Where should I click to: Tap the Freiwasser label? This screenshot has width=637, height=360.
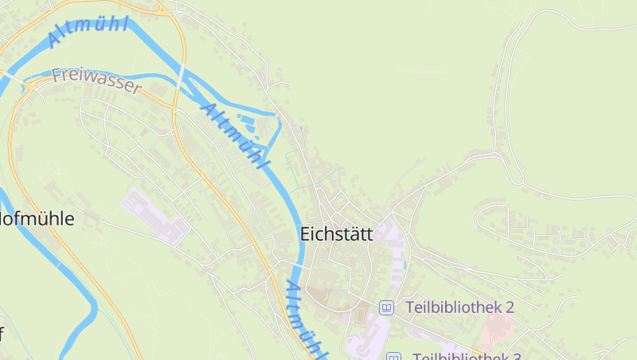pos(96,81)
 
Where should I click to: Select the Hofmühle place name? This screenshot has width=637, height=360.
pos(37,219)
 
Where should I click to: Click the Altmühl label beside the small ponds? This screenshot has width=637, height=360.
pos(234,135)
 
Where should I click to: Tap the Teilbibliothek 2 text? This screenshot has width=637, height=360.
pos(459,307)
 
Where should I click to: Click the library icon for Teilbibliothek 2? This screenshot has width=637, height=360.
pos(386,307)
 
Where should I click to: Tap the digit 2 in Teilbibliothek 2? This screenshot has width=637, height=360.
pos(510,307)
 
